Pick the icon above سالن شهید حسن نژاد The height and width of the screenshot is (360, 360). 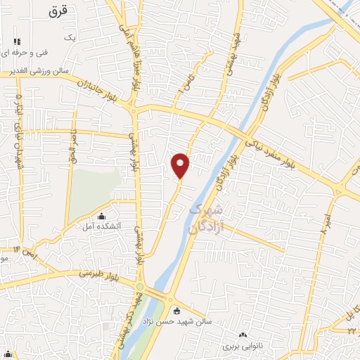click(x=176, y=311)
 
